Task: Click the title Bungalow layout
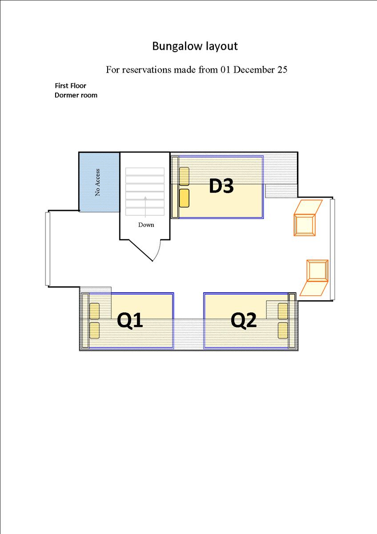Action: coord(195,46)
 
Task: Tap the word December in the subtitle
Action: coord(254,69)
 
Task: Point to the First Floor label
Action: coord(71,85)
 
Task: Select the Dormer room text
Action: coord(76,95)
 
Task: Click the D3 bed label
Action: coord(221,186)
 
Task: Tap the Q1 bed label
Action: coord(130,320)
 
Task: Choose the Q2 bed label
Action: coord(243,320)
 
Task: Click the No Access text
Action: coord(97,182)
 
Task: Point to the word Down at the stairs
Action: coord(146,225)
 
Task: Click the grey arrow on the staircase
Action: coord(145,207)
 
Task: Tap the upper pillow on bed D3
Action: coord(184,176)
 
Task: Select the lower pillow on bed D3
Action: coord(184,198)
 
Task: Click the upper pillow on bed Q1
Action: coord(95,311)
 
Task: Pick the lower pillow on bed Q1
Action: coord(95,330)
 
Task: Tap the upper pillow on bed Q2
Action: coord(283,311)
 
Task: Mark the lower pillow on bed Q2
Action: coord(283,330)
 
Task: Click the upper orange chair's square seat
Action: coord(305,225)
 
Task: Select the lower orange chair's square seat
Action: coord(317,271)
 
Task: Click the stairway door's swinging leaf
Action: coord(141,250)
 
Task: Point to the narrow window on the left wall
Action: coord(48,249)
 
